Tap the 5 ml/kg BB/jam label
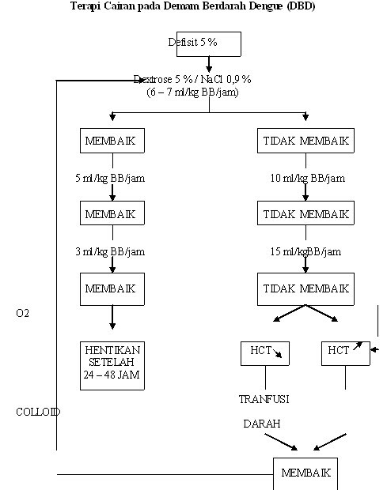(110, 179)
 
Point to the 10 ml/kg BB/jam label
(308, 179)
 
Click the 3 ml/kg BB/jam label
(110, 252)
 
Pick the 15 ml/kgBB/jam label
(305, 252)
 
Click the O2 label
(22, 313)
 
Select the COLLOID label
(38, 412)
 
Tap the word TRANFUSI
(264, 399)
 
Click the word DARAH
(262, 424)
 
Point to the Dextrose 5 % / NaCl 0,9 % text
(192, 79)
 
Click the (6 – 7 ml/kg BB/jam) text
(192, 92)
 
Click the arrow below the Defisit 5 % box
(209, 64)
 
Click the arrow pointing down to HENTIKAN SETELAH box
(112, 317)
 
